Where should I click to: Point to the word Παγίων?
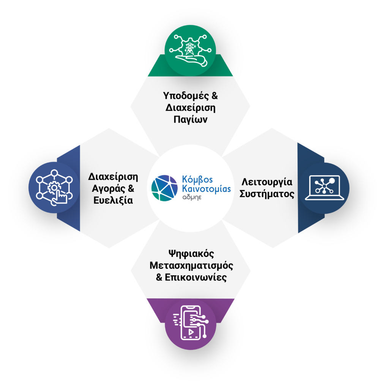click(x=191, y=120)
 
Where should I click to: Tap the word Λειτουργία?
click(x=267, y=182)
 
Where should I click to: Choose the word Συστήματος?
click(x=267, y=194)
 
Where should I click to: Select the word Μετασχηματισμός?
click(x=191, y=265)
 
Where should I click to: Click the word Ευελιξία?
click(x=113, y=201)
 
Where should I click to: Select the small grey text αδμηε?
click(x=192, y=198)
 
